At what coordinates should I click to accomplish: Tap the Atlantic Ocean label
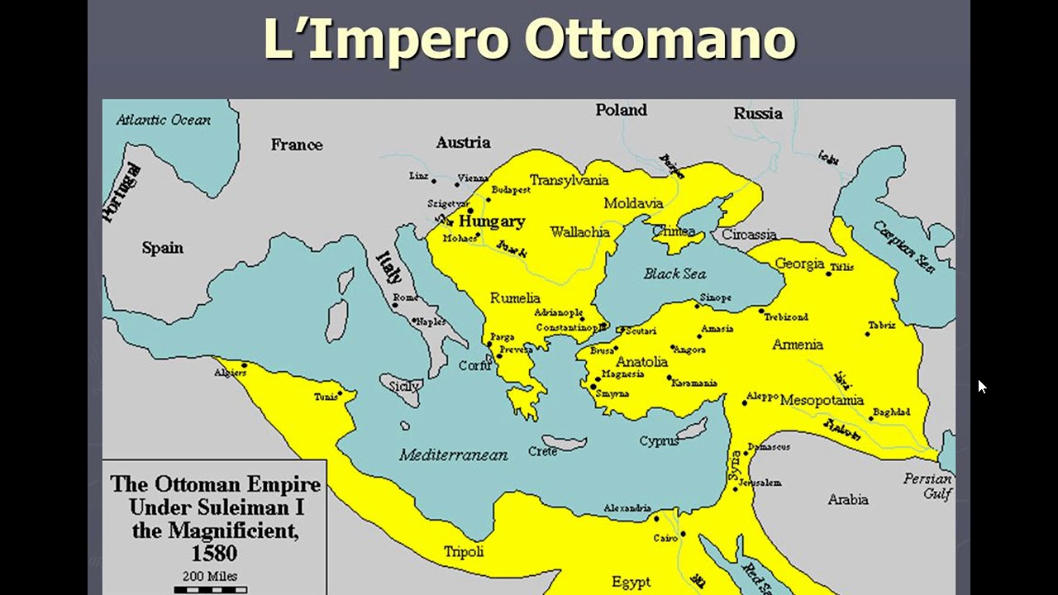163,120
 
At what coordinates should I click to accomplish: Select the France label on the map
296,145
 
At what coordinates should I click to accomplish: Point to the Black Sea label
674,274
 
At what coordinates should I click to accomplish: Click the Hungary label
492,221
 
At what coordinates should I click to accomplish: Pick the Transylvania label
569,180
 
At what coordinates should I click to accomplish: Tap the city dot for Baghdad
870,418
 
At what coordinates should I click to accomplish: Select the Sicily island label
405,385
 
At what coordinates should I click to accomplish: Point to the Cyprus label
659,441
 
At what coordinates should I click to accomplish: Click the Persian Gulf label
928,486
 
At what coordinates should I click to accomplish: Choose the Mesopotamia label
822,400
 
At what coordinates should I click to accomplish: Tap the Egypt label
631,582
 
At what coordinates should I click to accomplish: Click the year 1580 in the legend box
214,553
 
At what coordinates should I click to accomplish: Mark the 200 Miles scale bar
210,589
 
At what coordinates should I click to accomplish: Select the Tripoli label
464,552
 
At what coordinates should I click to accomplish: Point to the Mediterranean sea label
453,455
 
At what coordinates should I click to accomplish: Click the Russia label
757,114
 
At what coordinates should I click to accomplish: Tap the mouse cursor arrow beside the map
981,386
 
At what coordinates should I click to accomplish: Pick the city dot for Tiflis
828,273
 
